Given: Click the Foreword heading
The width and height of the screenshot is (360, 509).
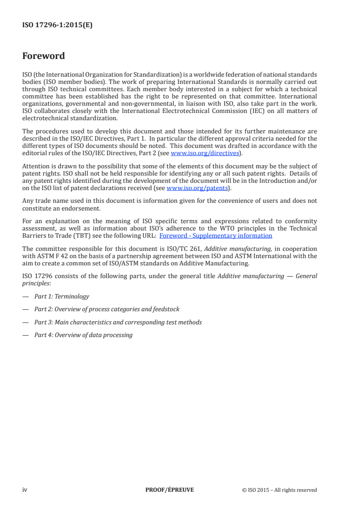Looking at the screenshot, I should [x=44, y=56].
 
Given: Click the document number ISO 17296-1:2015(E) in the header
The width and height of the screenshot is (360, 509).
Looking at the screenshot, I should [x=57, y=25].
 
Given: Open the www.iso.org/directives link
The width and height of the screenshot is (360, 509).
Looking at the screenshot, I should [x=205, y=153].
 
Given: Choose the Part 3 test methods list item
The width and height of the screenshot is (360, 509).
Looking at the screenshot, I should [x=118, y=322].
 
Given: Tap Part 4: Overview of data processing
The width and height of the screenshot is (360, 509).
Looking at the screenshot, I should [x=84, y=335].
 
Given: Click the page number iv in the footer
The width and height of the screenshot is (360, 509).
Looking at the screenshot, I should [x=25, y=489].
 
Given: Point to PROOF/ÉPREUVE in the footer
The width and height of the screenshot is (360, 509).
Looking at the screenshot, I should [x=169, y=489].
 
